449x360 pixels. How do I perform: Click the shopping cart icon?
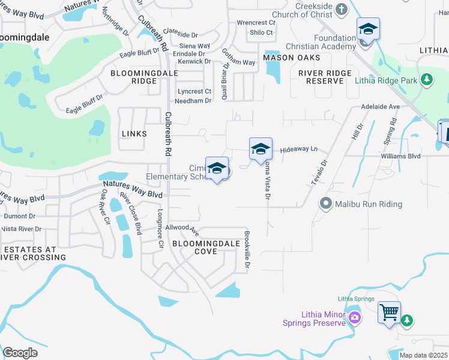coord(388,311)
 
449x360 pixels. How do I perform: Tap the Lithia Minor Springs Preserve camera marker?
coord(355,317)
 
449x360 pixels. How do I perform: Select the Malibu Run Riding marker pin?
coord(326,204)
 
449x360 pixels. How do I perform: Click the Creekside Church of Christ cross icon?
coord(342,10)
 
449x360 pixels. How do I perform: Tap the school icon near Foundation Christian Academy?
coord(367,29)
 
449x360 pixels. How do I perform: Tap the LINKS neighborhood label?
coord(133,134)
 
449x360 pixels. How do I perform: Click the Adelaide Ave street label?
coord(380,106)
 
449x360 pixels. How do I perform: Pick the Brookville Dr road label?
coord(246,248)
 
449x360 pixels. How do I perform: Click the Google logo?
coord(20,353)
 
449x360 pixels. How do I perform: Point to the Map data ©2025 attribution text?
coord(423,355)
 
